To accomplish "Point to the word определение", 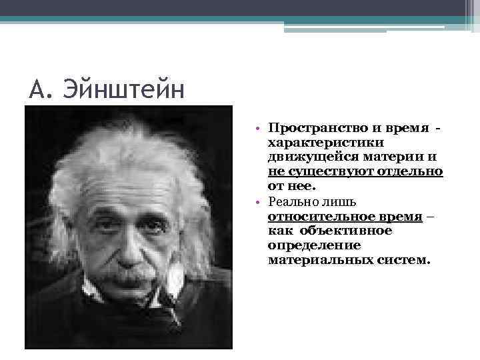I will tap(307, 245).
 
